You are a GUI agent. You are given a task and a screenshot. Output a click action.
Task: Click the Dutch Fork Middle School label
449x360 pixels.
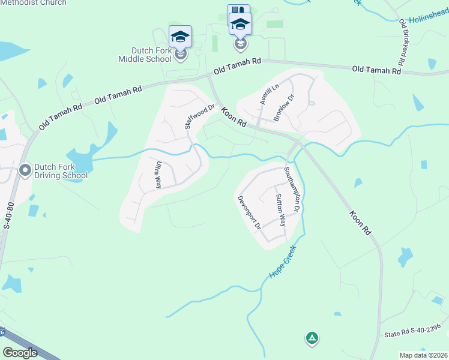coord(144,54)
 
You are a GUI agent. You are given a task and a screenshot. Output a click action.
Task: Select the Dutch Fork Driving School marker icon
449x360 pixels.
coord(25,170)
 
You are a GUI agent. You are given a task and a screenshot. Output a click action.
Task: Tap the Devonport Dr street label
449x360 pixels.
coord(249,212)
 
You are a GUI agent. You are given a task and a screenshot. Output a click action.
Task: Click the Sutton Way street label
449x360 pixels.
coord(281,209)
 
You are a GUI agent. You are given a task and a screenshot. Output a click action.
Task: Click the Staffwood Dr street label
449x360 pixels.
coord(199,118)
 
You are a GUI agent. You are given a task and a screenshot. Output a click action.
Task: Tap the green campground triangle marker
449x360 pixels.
coord(312,338)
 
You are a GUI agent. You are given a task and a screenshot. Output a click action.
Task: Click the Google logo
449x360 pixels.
coord(20,353)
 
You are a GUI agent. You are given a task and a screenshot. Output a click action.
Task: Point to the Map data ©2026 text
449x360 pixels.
coord(423,355)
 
